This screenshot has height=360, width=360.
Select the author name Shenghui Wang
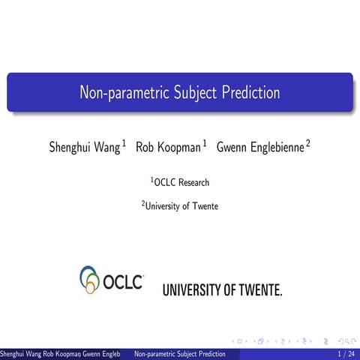(84, 148)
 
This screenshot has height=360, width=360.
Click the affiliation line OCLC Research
(181, 182)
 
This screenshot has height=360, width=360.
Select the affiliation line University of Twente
(182, 206)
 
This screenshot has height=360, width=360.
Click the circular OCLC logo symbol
(90, 279)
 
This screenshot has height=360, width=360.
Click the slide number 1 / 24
(346, 353)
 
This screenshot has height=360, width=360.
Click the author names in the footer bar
(59, 353)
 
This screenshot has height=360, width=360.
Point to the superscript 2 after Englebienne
(307, 142)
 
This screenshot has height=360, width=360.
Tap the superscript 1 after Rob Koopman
(205, 142)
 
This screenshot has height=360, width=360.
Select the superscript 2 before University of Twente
(143, 202)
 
